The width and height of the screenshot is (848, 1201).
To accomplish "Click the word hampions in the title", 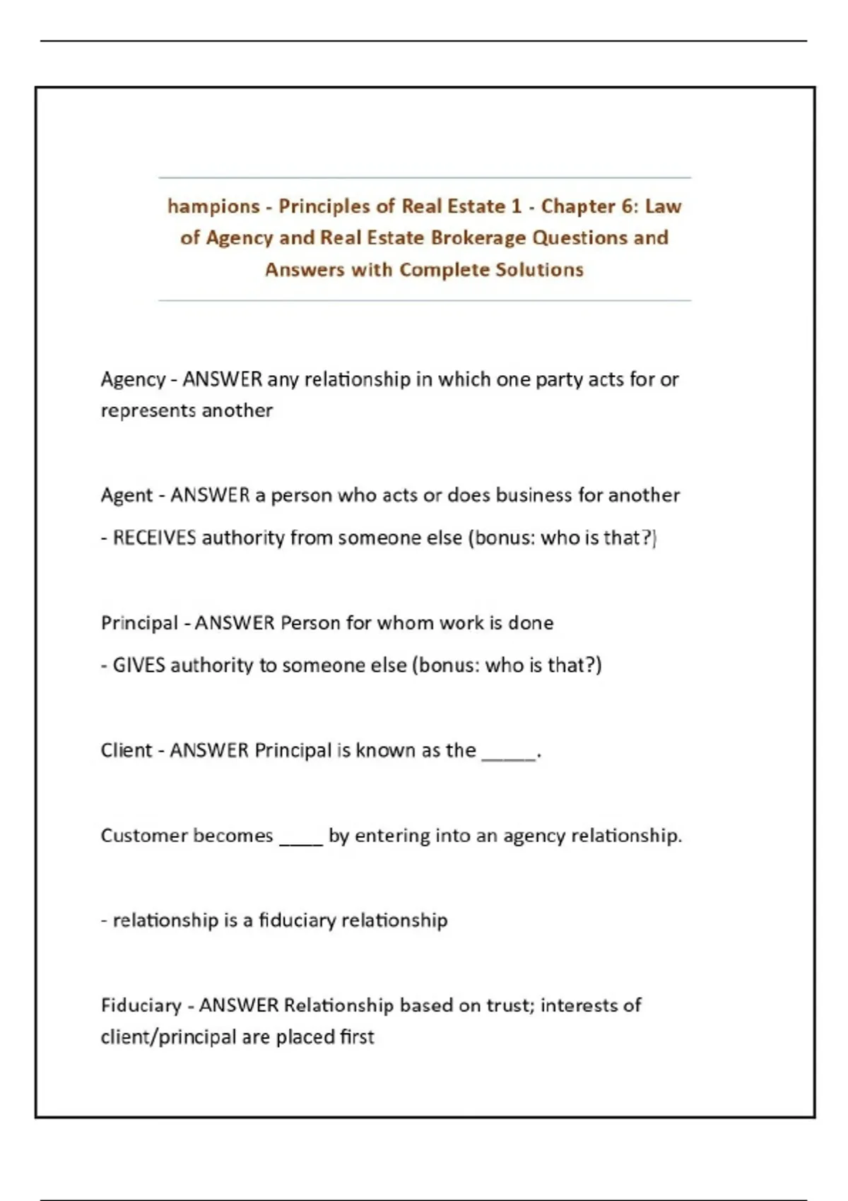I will (x=213, y=206).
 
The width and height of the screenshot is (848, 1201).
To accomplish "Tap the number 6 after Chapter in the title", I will (x=628, y=206).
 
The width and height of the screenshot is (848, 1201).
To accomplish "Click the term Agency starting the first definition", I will (x=133, y=380).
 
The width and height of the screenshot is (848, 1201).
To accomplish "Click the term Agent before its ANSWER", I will (x=126, y=495).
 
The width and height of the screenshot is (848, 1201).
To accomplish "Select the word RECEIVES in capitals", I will (x=154, y=538).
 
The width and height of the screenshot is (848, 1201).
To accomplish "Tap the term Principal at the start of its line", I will (x=139, y=623).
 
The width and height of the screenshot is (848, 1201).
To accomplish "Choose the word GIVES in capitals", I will (x=139, y=665).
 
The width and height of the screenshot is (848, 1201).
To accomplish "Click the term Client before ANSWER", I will (x=126, y=750).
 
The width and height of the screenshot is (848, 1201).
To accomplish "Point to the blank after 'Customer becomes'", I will (x=301, y=841).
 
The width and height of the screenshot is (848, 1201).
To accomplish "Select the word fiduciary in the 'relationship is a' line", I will (x=296, y=921).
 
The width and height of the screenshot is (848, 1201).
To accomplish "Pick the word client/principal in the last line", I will (x=168, y=1037).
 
